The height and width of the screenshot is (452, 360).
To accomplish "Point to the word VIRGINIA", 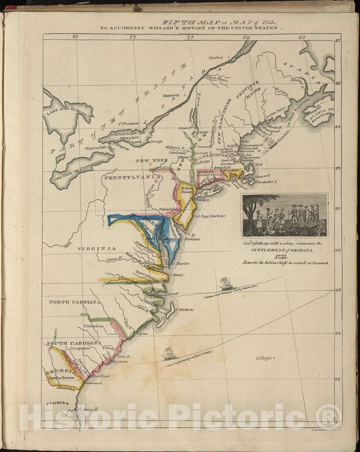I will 97,249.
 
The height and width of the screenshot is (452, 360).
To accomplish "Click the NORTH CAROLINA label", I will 75,302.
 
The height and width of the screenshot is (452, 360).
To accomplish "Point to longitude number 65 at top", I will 301,36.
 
